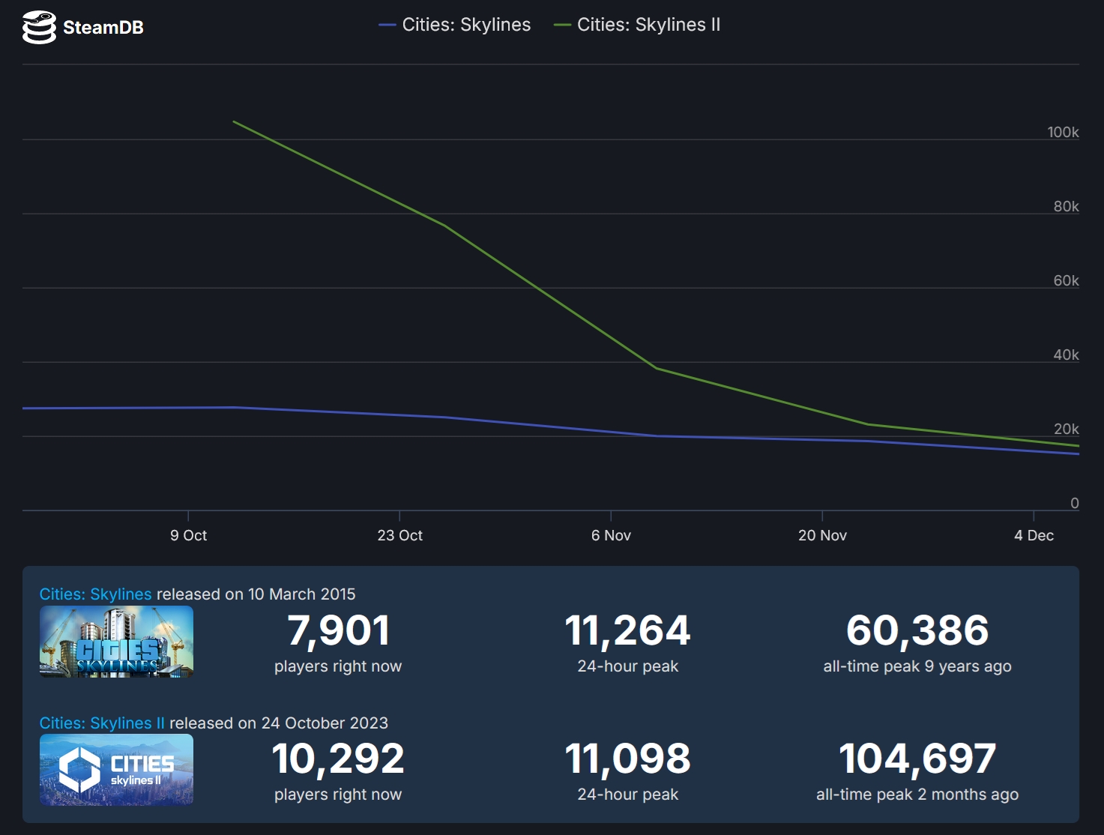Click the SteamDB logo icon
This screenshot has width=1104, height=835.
tap(39, 28)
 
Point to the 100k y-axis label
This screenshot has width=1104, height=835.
tap(1063, 132)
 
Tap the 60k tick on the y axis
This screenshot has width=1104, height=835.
tap(1066, 280)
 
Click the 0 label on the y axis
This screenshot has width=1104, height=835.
tap(1074, 503)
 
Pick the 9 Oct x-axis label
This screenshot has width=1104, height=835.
tap(188, 535)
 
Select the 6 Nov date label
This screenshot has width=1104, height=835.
tap(611, 535)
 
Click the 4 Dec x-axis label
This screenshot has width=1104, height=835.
tap(1034, 535)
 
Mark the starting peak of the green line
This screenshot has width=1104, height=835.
tap(234, 121)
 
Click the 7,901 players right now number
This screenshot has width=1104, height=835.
tap(338, 630)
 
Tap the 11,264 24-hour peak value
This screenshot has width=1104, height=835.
tap(627, 630)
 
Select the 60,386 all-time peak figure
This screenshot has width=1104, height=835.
tap(917, 630)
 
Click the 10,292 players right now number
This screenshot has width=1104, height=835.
tap(338, 759)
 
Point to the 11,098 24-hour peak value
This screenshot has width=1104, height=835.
tap(627, 759)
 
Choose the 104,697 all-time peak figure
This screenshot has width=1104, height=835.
tap(917, 759)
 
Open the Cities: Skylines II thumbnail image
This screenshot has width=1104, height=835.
tap(116, 770)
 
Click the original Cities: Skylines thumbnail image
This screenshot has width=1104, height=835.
tap(116, 642)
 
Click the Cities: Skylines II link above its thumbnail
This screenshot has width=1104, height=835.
tap(102, 723)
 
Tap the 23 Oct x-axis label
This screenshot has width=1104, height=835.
tap(399, 535)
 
